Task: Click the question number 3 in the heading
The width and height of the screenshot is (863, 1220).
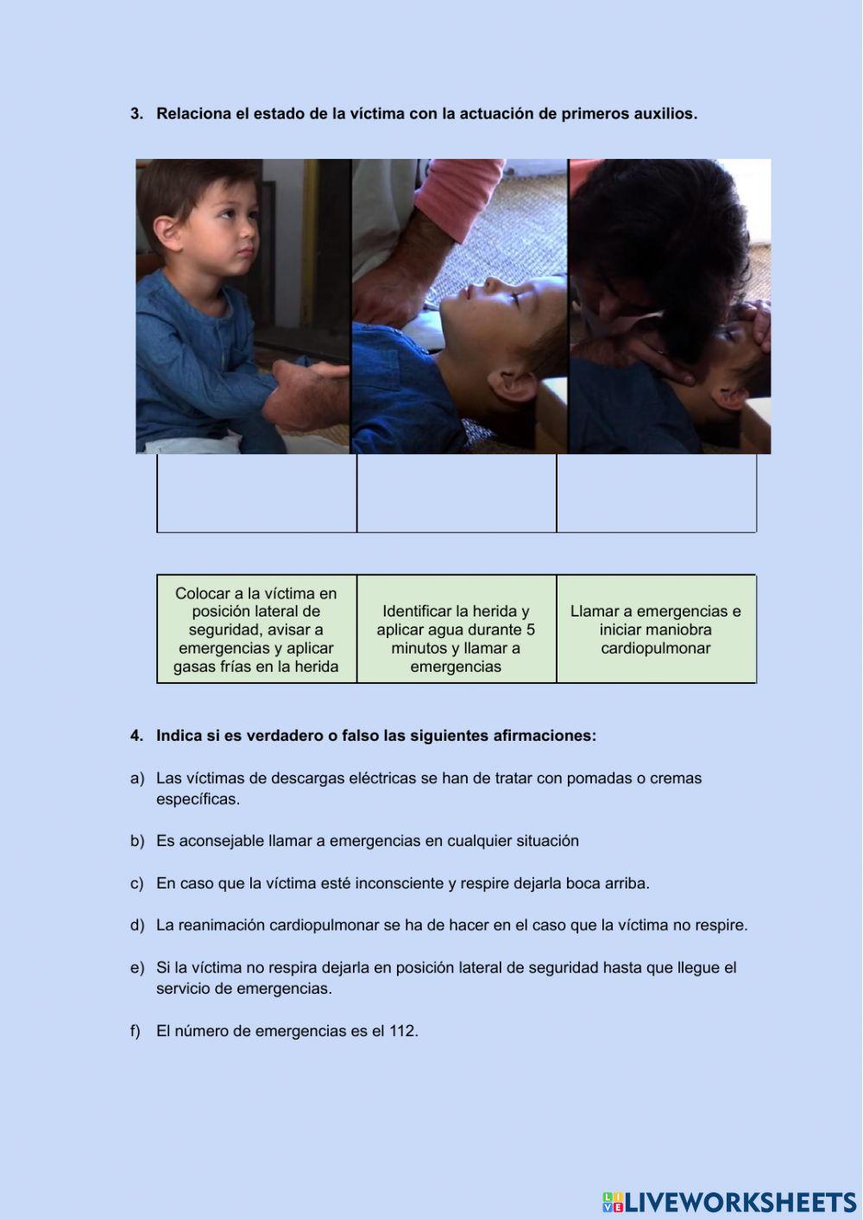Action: (x=135, y=114)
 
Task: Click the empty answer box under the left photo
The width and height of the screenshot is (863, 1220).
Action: (x=256, y=493)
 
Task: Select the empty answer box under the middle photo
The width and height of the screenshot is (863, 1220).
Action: (x=456, y=493)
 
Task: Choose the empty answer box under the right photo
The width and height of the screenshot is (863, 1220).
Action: (x=656, y=493)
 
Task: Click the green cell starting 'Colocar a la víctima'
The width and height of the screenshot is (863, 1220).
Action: (x=256, y=629)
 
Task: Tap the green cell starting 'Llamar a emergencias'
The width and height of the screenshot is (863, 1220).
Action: (x=656, y=629)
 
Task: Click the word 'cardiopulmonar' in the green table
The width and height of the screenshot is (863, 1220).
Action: (x=656, y=648)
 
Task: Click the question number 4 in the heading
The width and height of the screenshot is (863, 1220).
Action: (x=135, y=736)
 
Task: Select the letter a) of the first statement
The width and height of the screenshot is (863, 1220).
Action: (x=136, y=779)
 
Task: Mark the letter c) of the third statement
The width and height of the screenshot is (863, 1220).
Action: (x=136, y=883)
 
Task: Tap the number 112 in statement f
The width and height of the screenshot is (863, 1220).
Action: (x=402, y=1031)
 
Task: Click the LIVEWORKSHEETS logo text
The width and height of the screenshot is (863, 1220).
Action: (x=740, y=1202)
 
